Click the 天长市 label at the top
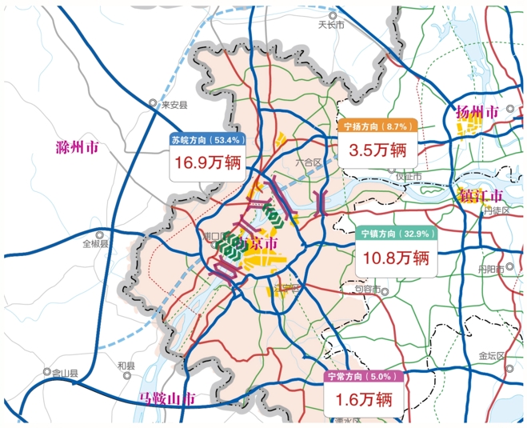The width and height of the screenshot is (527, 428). pyautogui.click(x=330, y=25)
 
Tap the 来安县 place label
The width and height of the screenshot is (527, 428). pyautogui.click(x=174, y=105)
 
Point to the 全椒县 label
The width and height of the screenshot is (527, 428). pyautogui.click(x=95, y=243)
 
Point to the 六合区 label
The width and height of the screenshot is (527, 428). pyautogui.click(x=307, y=162)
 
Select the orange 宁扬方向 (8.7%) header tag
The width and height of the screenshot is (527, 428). pyautogui.click(x=376, y=126)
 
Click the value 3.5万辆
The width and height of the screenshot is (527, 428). pyautogui.click(x=376, y=150)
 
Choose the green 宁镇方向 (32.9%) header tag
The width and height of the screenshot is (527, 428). pyautogui.click(x=396, y=234)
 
